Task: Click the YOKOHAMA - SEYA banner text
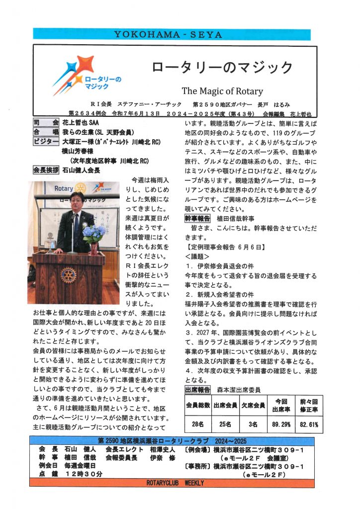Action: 172,34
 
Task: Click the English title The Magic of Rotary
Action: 222,91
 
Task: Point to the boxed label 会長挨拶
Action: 46,170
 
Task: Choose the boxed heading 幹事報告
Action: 198,218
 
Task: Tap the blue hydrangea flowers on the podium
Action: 93,233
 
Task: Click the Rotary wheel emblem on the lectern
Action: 68,276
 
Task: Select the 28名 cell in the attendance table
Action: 198,425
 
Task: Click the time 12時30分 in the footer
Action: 83,474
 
